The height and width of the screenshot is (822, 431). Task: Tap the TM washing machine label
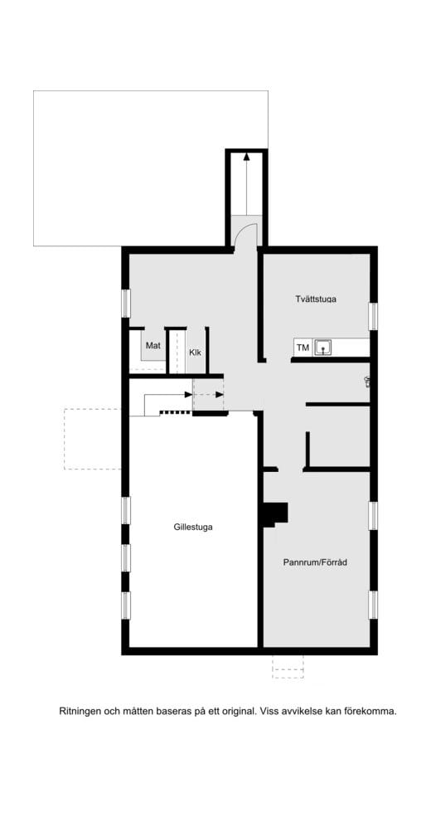303,348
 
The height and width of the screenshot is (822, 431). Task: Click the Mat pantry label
153,345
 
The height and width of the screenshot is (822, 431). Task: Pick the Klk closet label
195,353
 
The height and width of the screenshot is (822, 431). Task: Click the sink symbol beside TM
323,348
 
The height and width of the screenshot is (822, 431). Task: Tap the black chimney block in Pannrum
275,515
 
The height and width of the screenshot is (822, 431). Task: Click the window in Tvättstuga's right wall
373,316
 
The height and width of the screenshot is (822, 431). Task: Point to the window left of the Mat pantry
126,303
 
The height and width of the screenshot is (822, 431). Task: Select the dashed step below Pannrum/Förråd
288,666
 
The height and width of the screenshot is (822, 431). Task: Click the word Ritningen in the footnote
81,711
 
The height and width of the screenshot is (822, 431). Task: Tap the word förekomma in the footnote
370,711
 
